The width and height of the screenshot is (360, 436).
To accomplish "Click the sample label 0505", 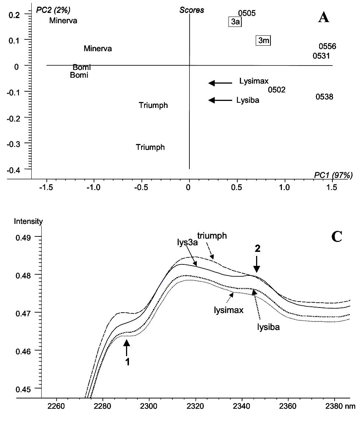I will [x=247, y=14].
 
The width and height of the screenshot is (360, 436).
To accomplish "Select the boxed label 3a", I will [x=235, y=22].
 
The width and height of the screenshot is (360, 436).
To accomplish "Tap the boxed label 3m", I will [x=263, y=41].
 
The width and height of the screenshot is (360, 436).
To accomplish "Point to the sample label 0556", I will [x=327, y=46].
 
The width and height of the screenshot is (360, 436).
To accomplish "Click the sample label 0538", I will [x=324, y=97].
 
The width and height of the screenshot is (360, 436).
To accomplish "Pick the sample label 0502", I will [x=276, y=90].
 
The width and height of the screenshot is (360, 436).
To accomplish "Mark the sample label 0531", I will [x=321, y=56].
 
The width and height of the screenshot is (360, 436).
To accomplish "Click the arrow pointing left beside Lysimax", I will [x=220, y=83].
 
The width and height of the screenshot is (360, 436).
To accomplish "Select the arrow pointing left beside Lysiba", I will [x=220, y=100].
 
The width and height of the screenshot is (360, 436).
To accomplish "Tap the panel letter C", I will [x=336, y=237].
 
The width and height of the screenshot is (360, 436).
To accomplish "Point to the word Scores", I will [x=192, y=10].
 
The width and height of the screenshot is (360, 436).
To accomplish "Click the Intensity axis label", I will [x=28, y=221].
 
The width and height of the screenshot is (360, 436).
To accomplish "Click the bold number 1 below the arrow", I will [x=127, y=362].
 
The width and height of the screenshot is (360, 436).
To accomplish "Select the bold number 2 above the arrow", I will [x=257, y=249].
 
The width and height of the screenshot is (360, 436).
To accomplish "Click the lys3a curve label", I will [x=186, y=243].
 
